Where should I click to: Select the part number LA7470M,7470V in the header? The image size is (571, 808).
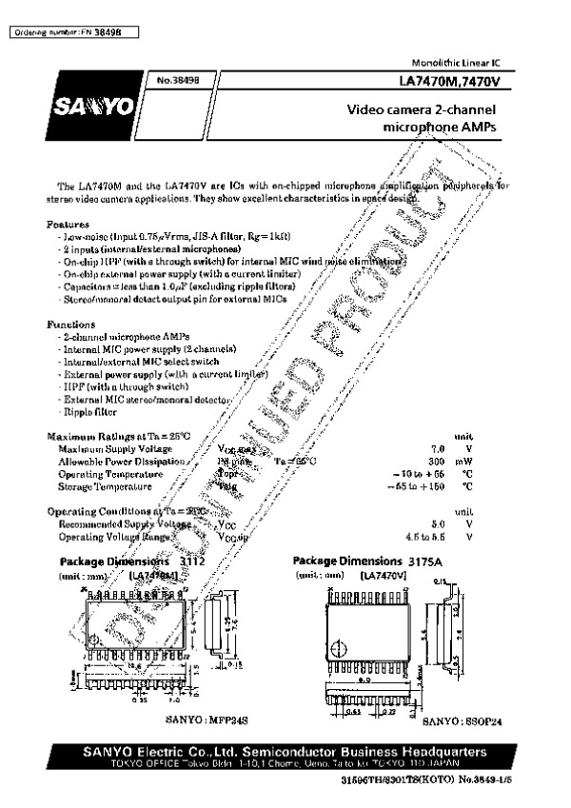point(461,83)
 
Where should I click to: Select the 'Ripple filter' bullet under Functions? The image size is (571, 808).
point(89,413)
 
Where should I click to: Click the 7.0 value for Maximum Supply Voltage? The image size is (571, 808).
point(438,447)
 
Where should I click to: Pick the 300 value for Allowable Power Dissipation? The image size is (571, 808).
point(438,461)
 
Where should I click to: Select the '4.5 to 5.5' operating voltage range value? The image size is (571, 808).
point(425,537)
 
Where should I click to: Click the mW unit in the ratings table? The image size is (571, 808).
point(463,461)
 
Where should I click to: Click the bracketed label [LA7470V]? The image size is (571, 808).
point(384,576)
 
